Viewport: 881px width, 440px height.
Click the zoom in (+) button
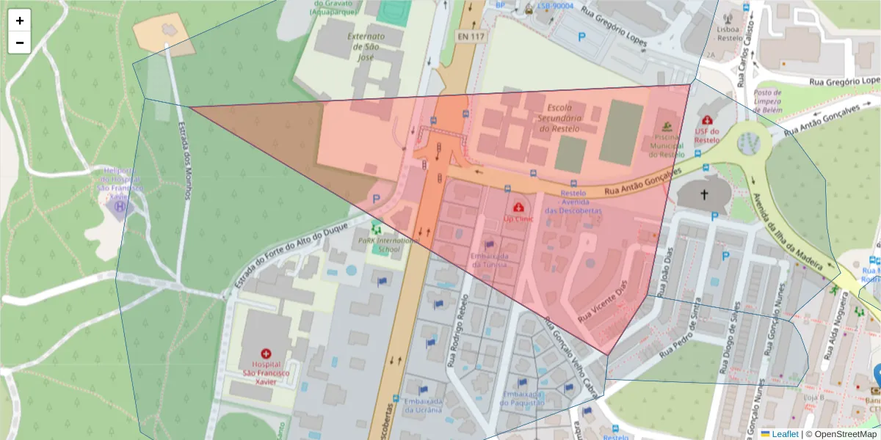[x=20, y=21]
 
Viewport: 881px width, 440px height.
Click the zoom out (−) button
[x=20, y=43]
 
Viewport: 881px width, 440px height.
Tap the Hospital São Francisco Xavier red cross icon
[x=266, y=353]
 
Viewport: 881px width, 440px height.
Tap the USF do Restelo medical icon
[x=707, y=120]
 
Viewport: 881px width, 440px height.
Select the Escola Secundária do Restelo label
[x=559, y=118]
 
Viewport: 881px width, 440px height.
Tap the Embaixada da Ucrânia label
[x=422, y=405]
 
